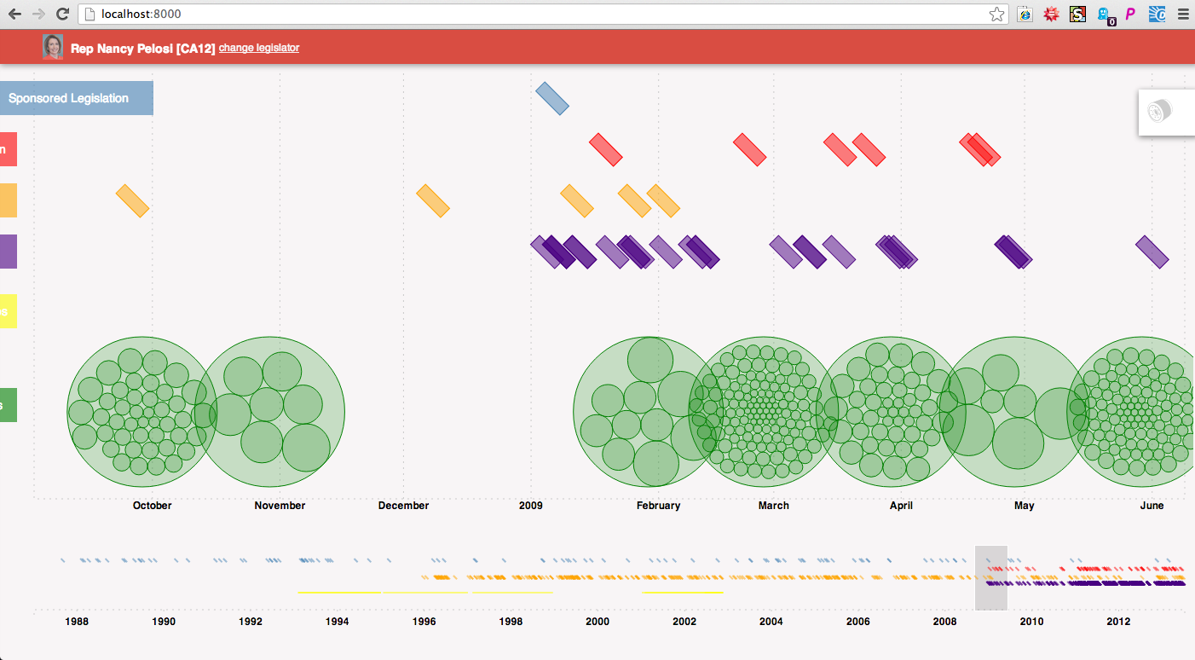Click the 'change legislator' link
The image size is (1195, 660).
click(258, 48)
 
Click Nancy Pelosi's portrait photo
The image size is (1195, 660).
click(53, 47)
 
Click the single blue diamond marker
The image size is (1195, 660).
click(552, 99)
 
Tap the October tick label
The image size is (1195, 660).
click(152, 506)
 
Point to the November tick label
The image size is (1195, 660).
click(280, 506)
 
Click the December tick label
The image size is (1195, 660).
click(403, 506)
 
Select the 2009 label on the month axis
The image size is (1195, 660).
click(530, 506)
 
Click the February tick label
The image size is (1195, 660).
click(658, 506)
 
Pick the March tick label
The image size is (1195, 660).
click(773, 506)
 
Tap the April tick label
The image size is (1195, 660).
click(901, 506)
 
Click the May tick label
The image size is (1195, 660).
click(1024, 506)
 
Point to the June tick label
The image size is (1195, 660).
click(1152, 506)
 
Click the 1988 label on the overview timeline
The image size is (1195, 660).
click(77, 622)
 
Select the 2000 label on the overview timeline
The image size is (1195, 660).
click(597, 622)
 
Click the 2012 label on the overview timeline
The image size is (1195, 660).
click(1118, 622)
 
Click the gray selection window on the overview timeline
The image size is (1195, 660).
click(990, 578)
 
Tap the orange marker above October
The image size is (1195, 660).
click(132, 200)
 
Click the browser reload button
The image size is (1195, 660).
click(62, 14)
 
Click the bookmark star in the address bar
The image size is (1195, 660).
click(996, 14)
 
